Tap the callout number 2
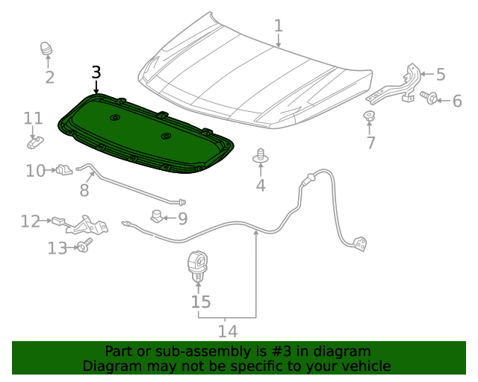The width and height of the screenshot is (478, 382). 49,77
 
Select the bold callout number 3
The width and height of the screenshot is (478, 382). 96,72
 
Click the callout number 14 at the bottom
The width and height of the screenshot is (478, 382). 227,331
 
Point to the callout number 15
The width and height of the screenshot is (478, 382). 200,301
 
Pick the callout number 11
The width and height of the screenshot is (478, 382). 33,119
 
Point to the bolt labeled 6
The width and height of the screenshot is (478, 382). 428,97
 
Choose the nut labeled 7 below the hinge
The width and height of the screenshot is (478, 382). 368,116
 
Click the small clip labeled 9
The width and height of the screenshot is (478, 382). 157,217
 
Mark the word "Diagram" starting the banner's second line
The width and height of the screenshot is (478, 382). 112,366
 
